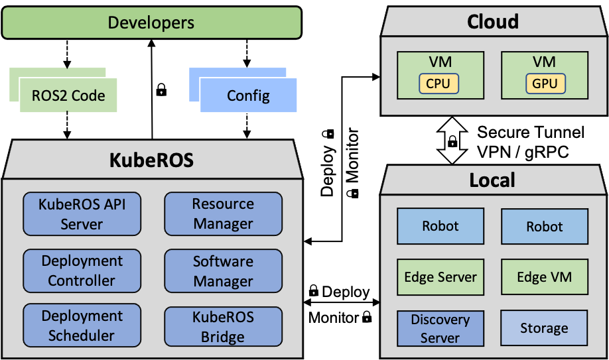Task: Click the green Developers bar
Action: point(151,23)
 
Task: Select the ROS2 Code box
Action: point(68,95)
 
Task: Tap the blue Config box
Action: point(248,95)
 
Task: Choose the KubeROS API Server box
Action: point(82,214)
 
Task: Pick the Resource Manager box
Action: point(223,214)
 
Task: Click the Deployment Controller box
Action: point(82,270)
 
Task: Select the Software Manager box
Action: point(223,270)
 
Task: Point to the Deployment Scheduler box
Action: point(82,326)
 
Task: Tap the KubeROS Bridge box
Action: point(223,327)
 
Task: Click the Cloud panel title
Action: point(492,22)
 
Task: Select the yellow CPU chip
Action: point(438,84)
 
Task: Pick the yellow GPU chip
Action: point(545,84)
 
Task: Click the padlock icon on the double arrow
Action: point(452,141)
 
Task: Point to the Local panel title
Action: point(492,180)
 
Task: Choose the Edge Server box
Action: point(440,277)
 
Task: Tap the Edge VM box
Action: point(544,277)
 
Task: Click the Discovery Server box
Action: point(440,328)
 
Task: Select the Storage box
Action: point(544,328)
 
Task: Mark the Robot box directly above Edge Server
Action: point(440,226)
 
